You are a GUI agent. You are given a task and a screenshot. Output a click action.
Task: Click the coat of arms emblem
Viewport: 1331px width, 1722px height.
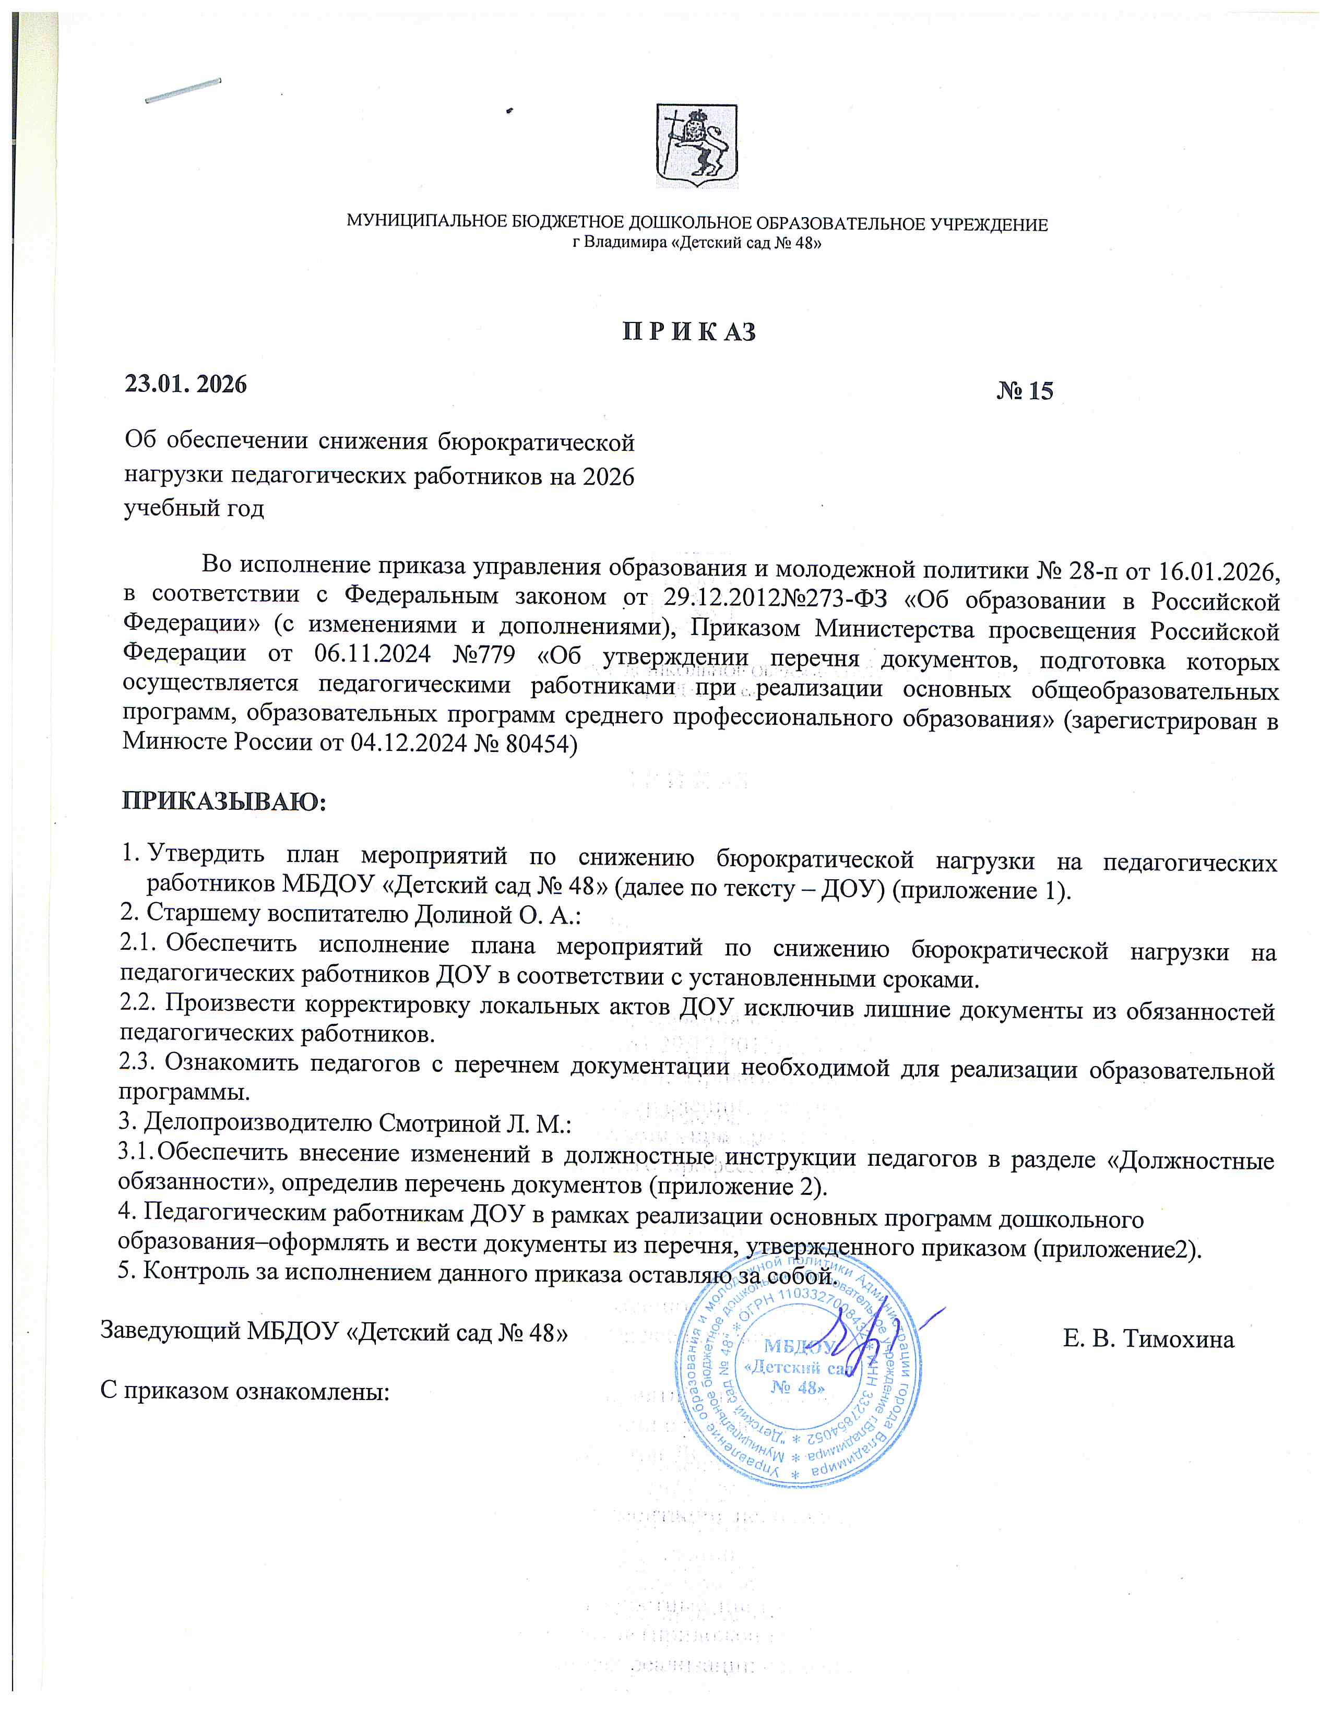pyautogui.click(x=697, y=146)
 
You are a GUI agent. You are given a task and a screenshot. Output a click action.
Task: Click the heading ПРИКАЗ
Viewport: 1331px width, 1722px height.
pyautogui.click(x=689, y=332)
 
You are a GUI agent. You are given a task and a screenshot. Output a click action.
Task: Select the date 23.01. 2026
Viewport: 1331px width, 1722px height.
pyautogui.click(x=186, y=384)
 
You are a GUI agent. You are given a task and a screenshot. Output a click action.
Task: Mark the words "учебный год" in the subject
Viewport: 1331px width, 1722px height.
pyautogui.click(x=194, y=508)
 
